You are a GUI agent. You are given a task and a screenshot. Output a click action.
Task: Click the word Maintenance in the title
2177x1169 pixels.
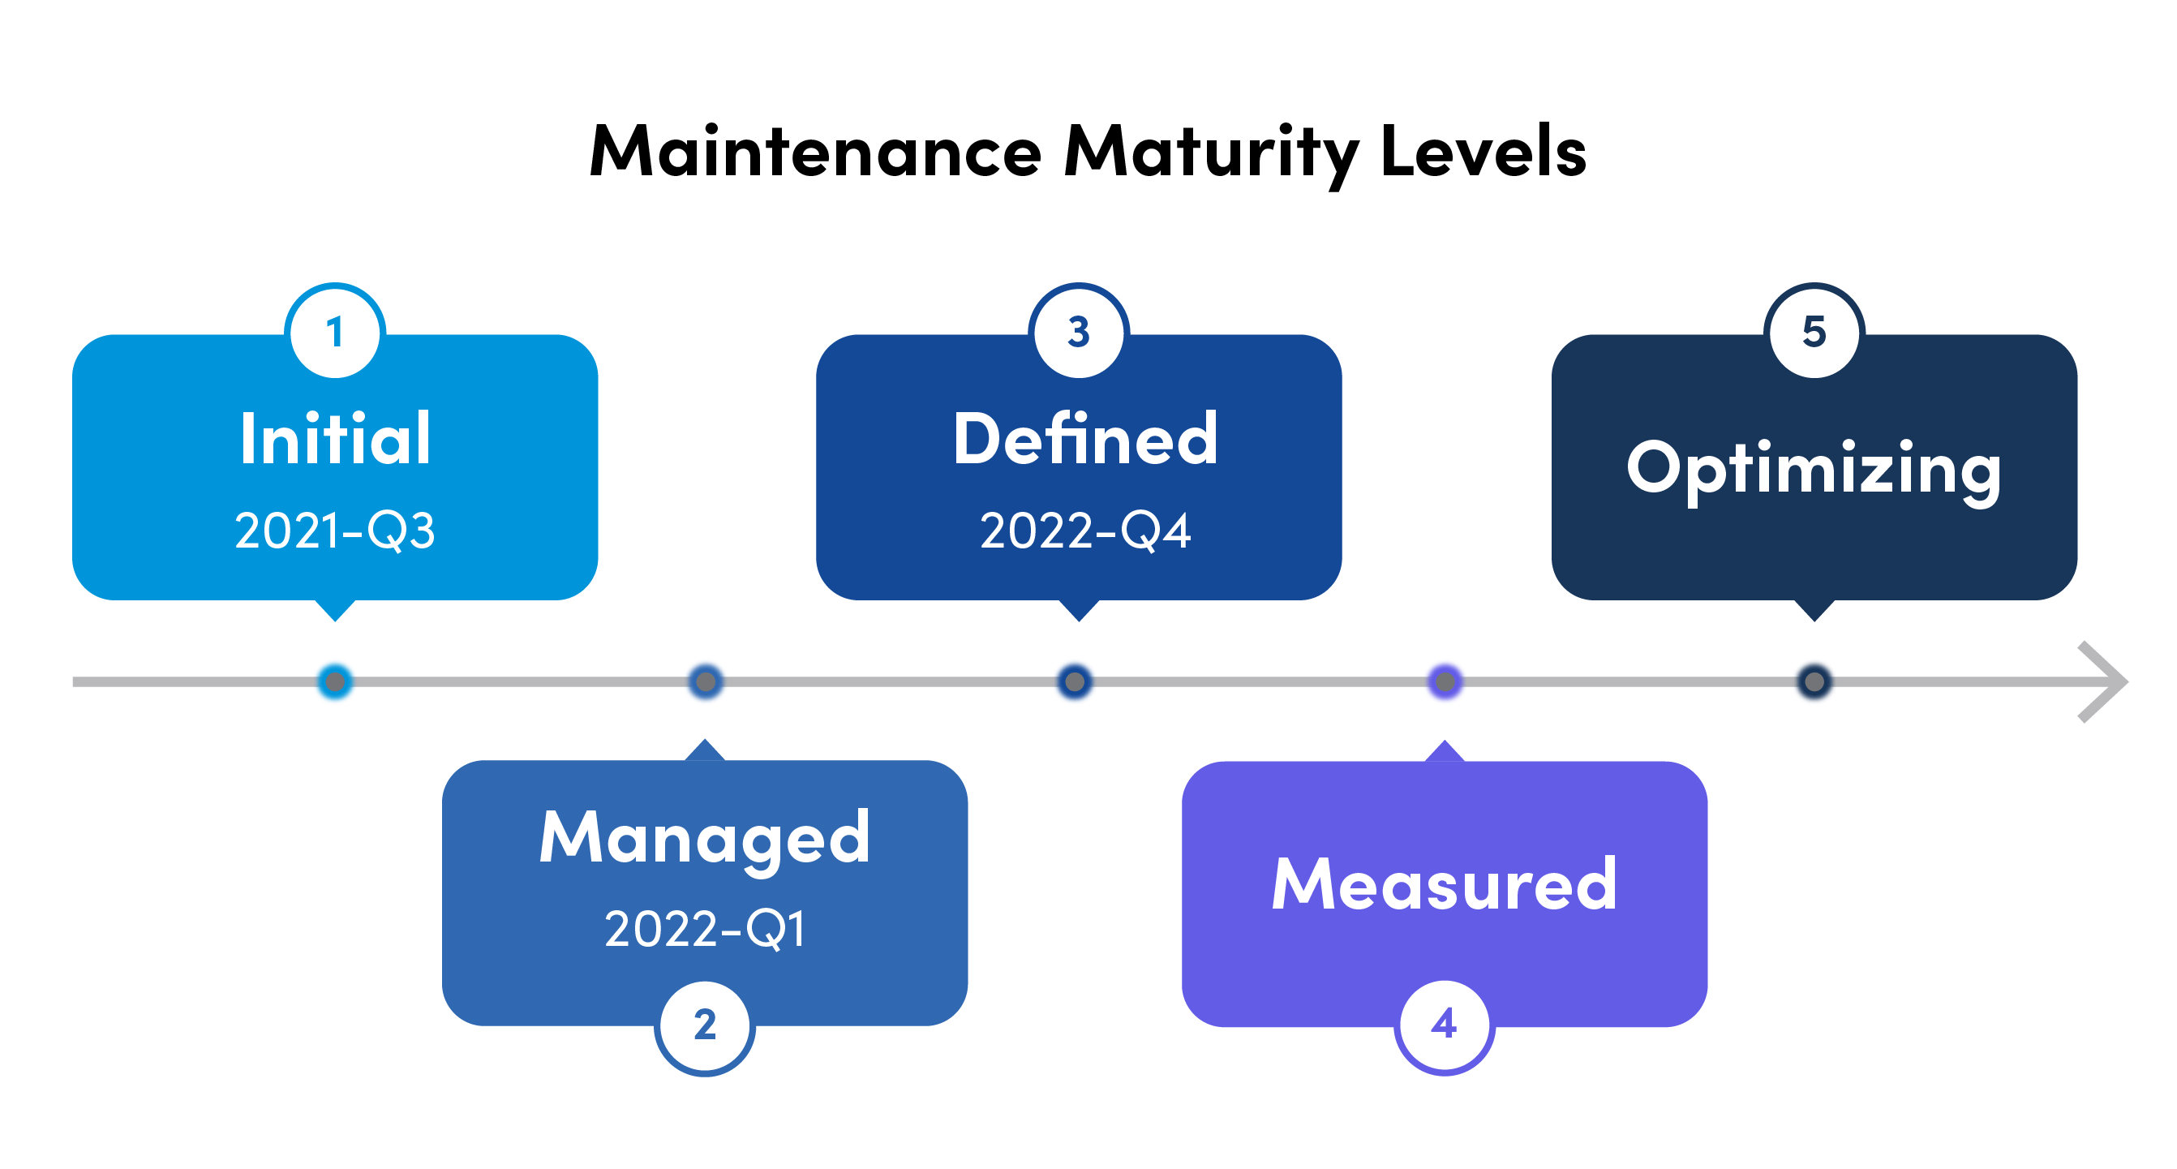coord(815,153)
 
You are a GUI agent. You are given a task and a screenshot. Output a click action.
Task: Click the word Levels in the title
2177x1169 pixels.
coord(1484,153)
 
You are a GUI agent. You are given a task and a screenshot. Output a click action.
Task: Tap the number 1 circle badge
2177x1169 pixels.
coord(336,331)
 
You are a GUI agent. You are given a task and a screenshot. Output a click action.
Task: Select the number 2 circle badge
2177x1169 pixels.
coord(705,1026)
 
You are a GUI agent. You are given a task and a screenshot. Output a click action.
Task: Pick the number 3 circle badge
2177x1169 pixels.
coord(1078,331)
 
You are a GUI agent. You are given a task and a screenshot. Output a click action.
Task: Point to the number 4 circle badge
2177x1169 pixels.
coord(1445,1025)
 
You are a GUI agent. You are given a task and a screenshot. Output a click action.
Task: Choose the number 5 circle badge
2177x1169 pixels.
coord(1814,331)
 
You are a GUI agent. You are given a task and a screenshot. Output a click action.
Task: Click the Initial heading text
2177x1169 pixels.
coord(336,439)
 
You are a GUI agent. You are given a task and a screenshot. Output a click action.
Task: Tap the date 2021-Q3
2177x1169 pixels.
coord(336,531)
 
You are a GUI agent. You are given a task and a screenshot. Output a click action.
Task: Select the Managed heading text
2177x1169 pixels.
coord(705,839)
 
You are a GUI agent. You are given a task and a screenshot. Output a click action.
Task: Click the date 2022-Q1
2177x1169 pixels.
coord(705,929)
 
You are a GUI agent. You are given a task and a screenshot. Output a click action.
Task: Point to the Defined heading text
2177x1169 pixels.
coord(1085,439)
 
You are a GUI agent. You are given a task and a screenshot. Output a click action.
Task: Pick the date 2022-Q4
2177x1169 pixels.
coord(1085,531)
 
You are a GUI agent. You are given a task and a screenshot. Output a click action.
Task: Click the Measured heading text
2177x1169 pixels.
coord(1445,885)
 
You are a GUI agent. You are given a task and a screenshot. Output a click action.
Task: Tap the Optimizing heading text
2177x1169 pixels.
coord(1814,469)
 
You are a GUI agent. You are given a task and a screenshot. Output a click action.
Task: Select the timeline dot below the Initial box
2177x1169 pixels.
coord(336,681)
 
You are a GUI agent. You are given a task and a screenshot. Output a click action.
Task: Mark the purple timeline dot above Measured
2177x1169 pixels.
coord(1445,681)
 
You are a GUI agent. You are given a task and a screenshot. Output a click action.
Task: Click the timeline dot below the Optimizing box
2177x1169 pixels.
coord(1814,681)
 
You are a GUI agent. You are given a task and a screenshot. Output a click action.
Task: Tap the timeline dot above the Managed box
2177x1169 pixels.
coord(705,681)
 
